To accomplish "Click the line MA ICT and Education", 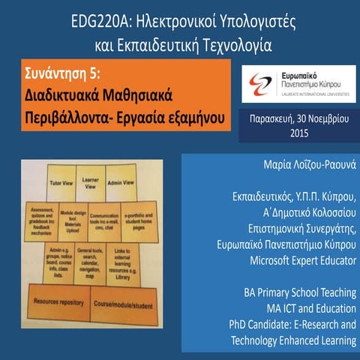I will (x=307, y=309).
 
